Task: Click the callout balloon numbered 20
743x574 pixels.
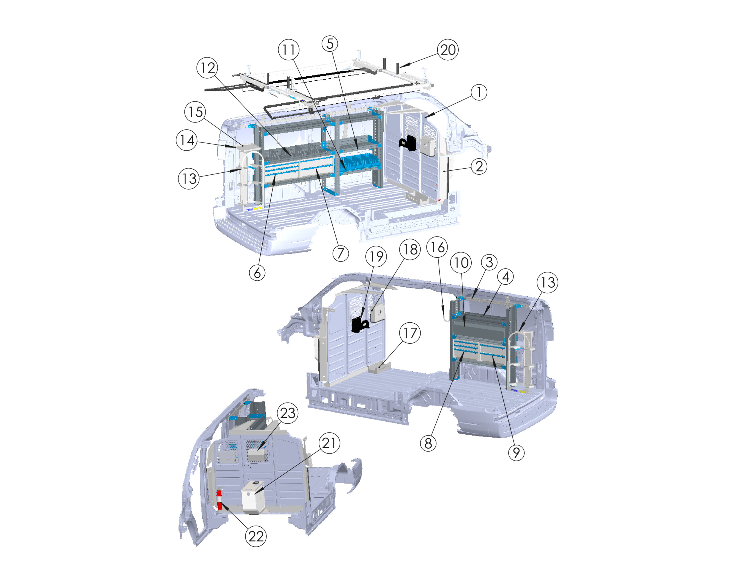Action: point(448,50)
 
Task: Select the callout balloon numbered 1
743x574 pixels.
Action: point(479,92)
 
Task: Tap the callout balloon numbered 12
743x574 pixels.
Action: point(208,68)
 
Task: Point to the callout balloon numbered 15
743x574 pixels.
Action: point(196,112)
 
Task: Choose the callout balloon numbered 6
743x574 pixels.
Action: point(257,272)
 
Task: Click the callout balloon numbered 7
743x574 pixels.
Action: point(340,254)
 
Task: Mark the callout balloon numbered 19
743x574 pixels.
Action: point(376,257)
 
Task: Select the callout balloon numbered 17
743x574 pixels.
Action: point(410,333)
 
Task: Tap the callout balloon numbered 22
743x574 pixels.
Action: point(256,537)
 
